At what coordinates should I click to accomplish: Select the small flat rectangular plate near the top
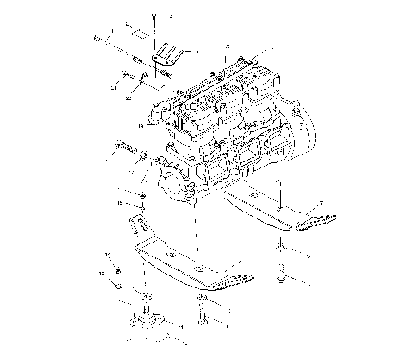pos(135,34)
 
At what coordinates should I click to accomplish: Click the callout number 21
pos(113,87)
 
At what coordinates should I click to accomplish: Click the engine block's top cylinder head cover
pos(216,86)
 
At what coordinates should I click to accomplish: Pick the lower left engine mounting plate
pos(181,264)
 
